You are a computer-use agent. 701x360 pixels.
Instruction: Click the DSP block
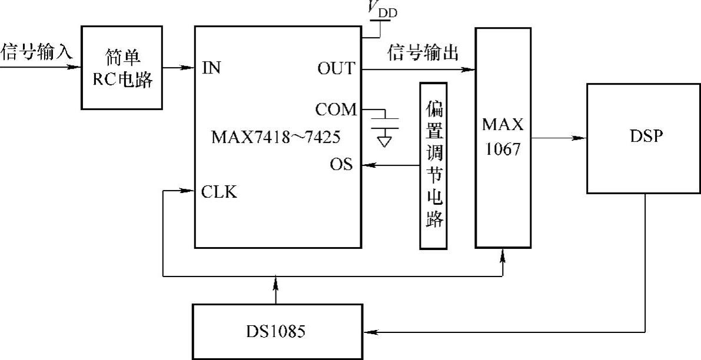point(643,138)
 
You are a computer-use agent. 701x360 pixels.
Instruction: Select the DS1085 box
point(277,331)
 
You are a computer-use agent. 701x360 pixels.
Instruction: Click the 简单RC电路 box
point(122,67)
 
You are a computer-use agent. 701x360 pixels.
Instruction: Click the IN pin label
point(211,68)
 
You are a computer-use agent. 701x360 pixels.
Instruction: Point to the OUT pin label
point(336,69)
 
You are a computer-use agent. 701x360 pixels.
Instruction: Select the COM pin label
point(335,109)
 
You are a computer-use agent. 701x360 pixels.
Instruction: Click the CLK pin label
point(219,191)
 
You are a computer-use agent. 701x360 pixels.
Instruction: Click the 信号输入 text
point(36,52)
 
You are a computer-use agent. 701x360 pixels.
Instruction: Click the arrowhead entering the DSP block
point(581,138)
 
